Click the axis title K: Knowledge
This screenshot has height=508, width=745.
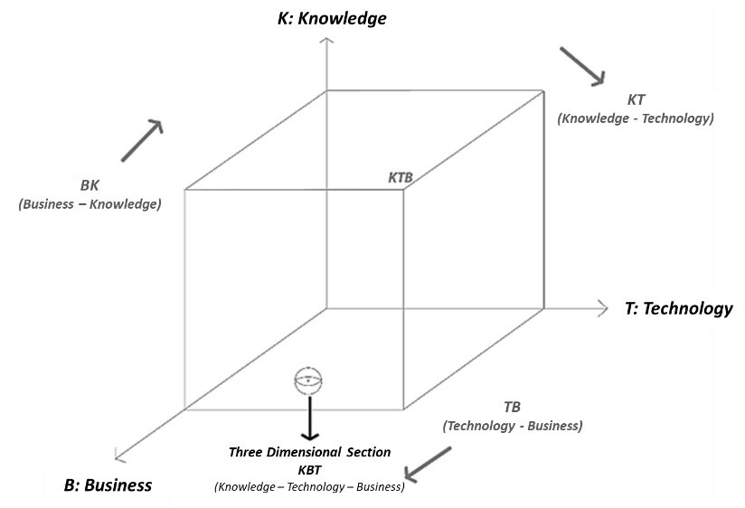pos(332,16)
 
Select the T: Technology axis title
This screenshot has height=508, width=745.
pos(678,308)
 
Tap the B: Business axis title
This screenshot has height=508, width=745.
pos(108,485)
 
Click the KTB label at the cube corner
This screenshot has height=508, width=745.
pos(400,178)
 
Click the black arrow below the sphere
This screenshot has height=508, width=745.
pos(309,416)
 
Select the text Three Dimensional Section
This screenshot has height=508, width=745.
pos(309,452)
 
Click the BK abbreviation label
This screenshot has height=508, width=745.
pos(90,185)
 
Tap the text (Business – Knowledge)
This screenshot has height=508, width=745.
pos(90,204)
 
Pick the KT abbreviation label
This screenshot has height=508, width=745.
pos(636,99)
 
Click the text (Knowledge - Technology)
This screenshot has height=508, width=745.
pos(636,118)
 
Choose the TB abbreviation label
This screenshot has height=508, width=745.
pos(512,407)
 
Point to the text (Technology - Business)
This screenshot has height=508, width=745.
pos(512,426)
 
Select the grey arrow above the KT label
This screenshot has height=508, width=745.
pos(581,66)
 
